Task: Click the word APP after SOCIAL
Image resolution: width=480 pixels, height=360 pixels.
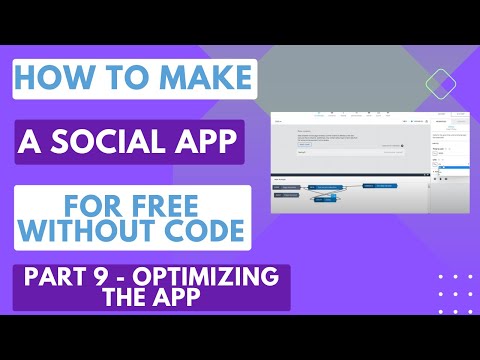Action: coord(208,143)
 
